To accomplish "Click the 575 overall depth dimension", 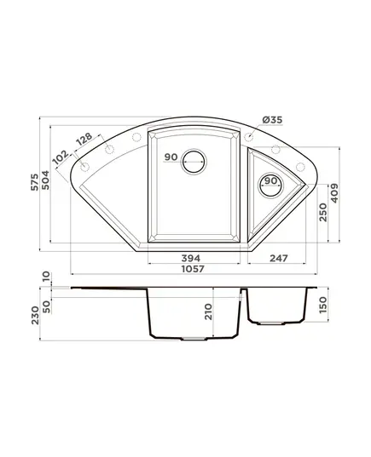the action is pyautogui.click(x=35, y=182).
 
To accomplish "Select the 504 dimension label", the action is pyautogui.click(x=45, y=180).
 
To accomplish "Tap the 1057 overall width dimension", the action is pyautogui.click(x=193, y=269).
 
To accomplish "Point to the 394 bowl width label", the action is pyautogui.click(x=191, y=258).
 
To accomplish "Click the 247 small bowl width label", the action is pyautogui.click(x=279, y=258).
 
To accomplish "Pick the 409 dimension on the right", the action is pyautogui.click(x=334, y=193).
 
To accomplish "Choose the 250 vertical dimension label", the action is pyautogui.click(x=322, y=212).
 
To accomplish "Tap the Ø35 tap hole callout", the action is pyautogui.click(x=272, y=120).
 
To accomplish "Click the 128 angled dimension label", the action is pyautogui.click(x=84, y=140).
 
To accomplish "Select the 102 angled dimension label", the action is pyautogui.click(x=61, y=157).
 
